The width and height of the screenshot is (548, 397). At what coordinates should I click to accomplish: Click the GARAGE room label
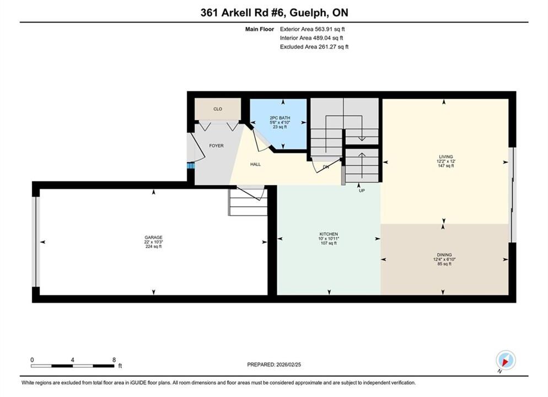[x=153, y=237]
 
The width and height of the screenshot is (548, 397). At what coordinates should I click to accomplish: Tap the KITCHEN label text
[x=329, y=234]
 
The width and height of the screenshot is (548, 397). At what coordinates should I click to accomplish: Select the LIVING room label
[x=446, y=157]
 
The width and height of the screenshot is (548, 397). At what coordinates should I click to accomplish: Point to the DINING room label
[x=444, y=255]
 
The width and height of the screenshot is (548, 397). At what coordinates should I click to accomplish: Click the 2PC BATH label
[x=280, y=118]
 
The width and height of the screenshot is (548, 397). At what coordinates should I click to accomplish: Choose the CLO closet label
[x=218, y=109]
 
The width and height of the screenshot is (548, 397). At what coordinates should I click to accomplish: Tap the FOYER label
[x=216, y=146]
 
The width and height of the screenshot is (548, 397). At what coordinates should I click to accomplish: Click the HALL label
[x=255, y=164]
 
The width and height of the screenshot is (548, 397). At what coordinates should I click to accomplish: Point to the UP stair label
[x=362, y=190]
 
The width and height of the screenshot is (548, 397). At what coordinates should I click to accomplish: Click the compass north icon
[x=506, y=360]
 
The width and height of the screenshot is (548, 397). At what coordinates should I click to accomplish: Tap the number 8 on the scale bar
[x=114, y=360]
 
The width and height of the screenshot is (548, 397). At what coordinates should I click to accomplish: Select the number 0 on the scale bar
[x=32, y=360]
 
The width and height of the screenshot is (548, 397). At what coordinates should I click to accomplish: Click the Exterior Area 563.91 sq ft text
[x=312, y=29]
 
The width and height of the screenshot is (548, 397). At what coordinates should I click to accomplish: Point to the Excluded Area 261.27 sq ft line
[x=314, y=46]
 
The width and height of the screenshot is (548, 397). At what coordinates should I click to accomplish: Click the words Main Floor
[x=259, y=29]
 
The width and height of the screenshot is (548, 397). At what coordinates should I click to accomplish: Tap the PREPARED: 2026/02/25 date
[x=274, y=364]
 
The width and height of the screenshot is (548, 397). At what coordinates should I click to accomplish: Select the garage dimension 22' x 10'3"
[x=153, y=242]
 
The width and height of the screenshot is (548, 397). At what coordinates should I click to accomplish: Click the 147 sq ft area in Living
[x=446, y=165]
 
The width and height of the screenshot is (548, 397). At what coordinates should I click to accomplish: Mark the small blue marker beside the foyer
[x=190, y=165]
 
